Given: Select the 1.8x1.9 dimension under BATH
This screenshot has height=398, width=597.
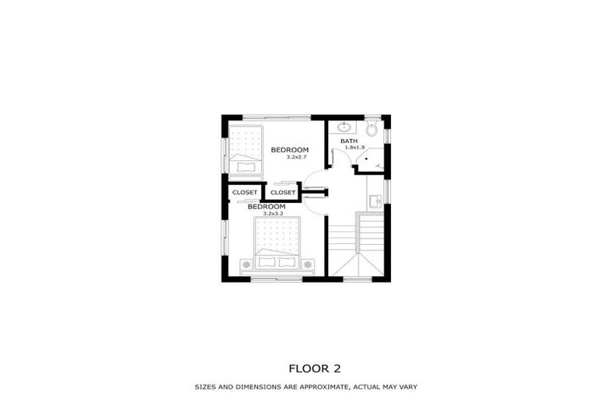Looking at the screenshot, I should [355, 147].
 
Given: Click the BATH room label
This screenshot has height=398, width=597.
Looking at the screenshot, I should [349, 141].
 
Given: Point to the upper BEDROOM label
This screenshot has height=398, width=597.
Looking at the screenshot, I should [290, 150].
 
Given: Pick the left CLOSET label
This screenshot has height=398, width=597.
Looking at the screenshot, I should [244, 192].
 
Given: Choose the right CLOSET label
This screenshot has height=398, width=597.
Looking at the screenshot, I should [283, 192].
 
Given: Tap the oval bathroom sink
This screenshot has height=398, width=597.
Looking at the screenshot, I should [344, 127].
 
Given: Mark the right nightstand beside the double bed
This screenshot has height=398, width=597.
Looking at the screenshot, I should [308, 265].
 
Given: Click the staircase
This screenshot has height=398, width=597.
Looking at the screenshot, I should [356, 243].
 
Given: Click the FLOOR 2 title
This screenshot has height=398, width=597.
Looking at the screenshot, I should [315, 368].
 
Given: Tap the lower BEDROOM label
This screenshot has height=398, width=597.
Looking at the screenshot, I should [267, 207].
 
